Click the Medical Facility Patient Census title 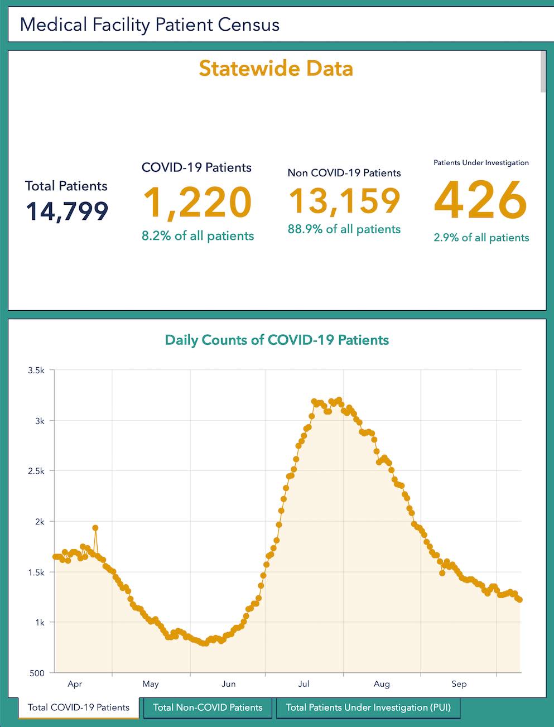tap(150, 25)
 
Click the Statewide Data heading tap(276, 69)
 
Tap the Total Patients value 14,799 tap(67, 211)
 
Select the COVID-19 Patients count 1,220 tap(197, 203)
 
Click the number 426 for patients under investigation tap(480, 200)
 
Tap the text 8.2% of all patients tap(197, 236)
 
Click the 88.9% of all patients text tap(344, 229)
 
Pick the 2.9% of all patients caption tap(481, 238)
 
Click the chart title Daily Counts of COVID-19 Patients tap(277, 340)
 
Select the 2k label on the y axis tap(40, 522)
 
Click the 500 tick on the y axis tap(37, 673)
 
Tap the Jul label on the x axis tap(304, 684)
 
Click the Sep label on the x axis tap(459, 684)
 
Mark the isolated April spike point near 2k tap(95, 528)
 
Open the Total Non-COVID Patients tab tap(208, 707)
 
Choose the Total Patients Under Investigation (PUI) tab tap(368, 707)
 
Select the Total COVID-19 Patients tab tap(79, 707)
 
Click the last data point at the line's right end tap(520, 600)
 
